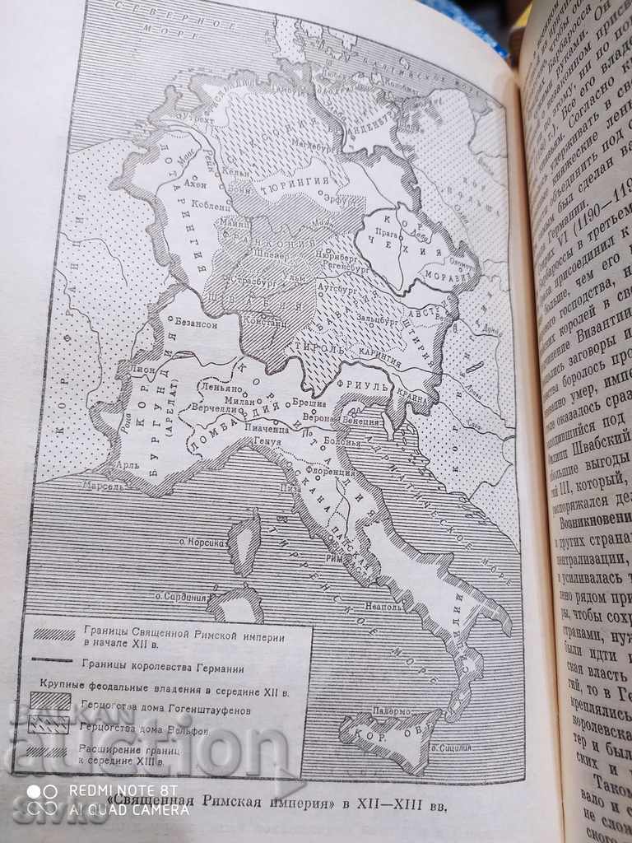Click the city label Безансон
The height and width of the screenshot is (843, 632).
(x=195, y=325)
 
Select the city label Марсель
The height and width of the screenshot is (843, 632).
(x=101, y=486)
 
